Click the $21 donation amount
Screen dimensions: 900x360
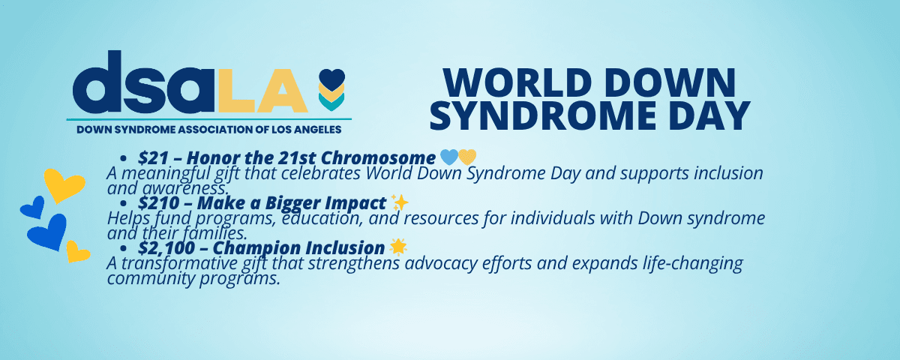(x=154, y=158)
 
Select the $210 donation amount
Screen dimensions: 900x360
(x=158, y=203)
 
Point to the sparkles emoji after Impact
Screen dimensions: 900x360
(x=400, y=202)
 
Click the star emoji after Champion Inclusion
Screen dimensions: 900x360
(x=398, y=247)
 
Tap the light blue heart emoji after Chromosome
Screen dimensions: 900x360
(x=449, y=157)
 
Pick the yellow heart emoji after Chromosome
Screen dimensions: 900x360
(x=467, y=157)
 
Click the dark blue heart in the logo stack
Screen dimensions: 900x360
(x=331, y=79)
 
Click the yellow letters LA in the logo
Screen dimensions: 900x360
(x=263, y=91)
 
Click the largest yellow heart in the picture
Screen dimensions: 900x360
(x=64, y=185)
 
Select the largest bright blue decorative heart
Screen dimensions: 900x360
(x=48, y=232)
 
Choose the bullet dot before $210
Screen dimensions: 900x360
(x=123, y=204)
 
